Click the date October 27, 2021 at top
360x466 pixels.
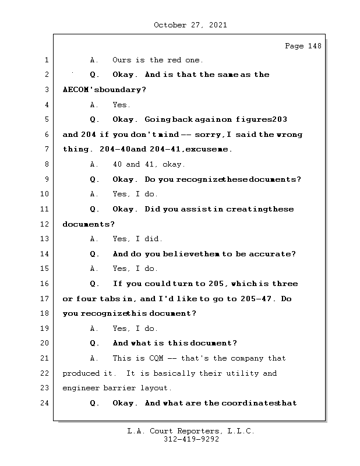[x=190, y=25]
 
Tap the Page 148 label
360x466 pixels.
[x=303, y=46]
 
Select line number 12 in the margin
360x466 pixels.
[x=46, y=224]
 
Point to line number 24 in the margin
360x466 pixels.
[x=46, y=403]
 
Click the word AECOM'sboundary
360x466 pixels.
[x=104, y=90]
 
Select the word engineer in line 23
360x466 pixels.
[x=80, y=388]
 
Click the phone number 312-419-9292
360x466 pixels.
[x=190, y=440]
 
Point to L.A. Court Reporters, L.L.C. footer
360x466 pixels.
[x=190, y=432]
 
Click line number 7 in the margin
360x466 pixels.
[x=46, y=149]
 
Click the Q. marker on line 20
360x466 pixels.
[x=94, y=343]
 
